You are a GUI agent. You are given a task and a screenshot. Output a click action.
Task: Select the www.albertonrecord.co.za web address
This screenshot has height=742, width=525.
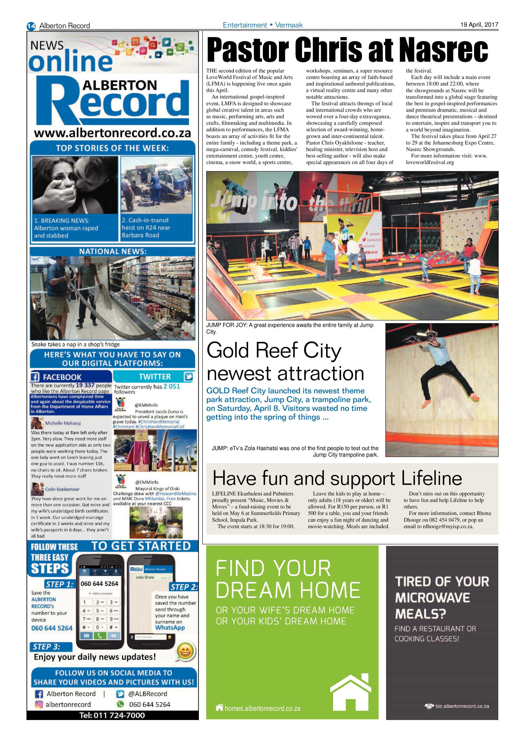[112, 133]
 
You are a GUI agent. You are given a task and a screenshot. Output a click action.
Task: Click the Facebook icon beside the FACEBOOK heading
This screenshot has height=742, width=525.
[35, 377]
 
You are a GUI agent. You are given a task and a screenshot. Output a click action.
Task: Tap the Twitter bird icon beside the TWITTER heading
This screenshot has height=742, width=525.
[188, 376]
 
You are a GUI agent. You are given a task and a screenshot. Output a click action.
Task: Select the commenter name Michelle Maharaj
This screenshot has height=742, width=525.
[63, 423]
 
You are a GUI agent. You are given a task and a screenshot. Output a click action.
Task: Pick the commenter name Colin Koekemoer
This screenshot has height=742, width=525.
[62, 489]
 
